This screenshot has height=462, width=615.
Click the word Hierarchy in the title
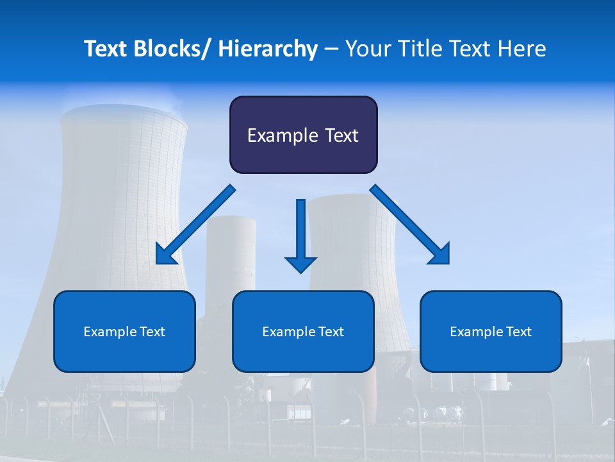coord(268,49)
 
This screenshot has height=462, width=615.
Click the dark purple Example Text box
coord(303,135)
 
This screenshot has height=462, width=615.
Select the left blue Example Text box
coord(124,331)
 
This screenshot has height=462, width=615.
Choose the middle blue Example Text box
coord(303,331)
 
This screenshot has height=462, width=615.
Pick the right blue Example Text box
coord(491,331)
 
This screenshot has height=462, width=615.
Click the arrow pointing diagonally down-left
coord(195,225)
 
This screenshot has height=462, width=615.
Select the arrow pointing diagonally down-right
coord(410,225)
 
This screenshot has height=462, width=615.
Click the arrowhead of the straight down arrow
coord(300,264)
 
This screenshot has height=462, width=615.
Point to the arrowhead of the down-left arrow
coord(165,255)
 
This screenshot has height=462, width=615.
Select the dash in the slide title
coord(331,49)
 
